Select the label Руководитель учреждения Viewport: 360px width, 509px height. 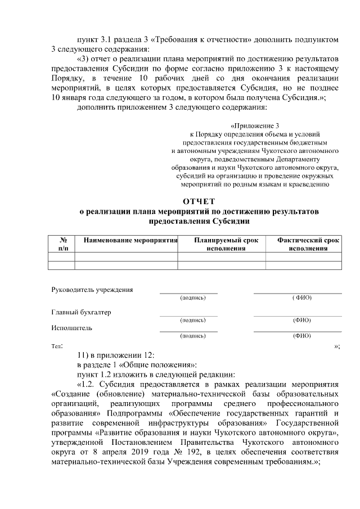coord(92,290)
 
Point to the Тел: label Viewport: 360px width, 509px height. coord(57,346)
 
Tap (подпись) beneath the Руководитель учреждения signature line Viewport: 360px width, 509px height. coord(192,298)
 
